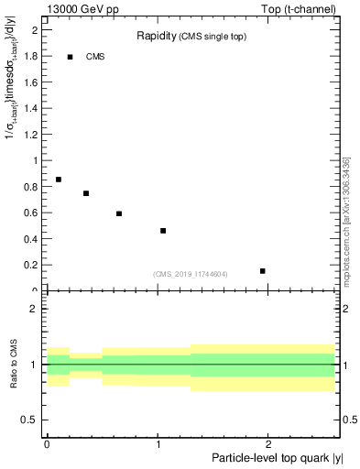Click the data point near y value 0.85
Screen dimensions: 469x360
tap(58, 180)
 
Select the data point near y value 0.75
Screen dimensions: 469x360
tap(85, 193)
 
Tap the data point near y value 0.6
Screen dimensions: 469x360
tap(119, 213)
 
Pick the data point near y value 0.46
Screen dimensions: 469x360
tap(163, 231)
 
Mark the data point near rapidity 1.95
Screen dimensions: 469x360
tap(263, 271)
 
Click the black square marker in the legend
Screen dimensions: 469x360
tap(69, 57)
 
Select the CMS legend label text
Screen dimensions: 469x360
tap(95, 57)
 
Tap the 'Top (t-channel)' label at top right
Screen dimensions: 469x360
tap(303, 8)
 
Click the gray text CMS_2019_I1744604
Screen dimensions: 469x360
tap(191, 274)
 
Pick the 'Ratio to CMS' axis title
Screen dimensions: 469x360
tap(15, 365)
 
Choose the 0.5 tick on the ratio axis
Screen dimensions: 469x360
tap(31, 420)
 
